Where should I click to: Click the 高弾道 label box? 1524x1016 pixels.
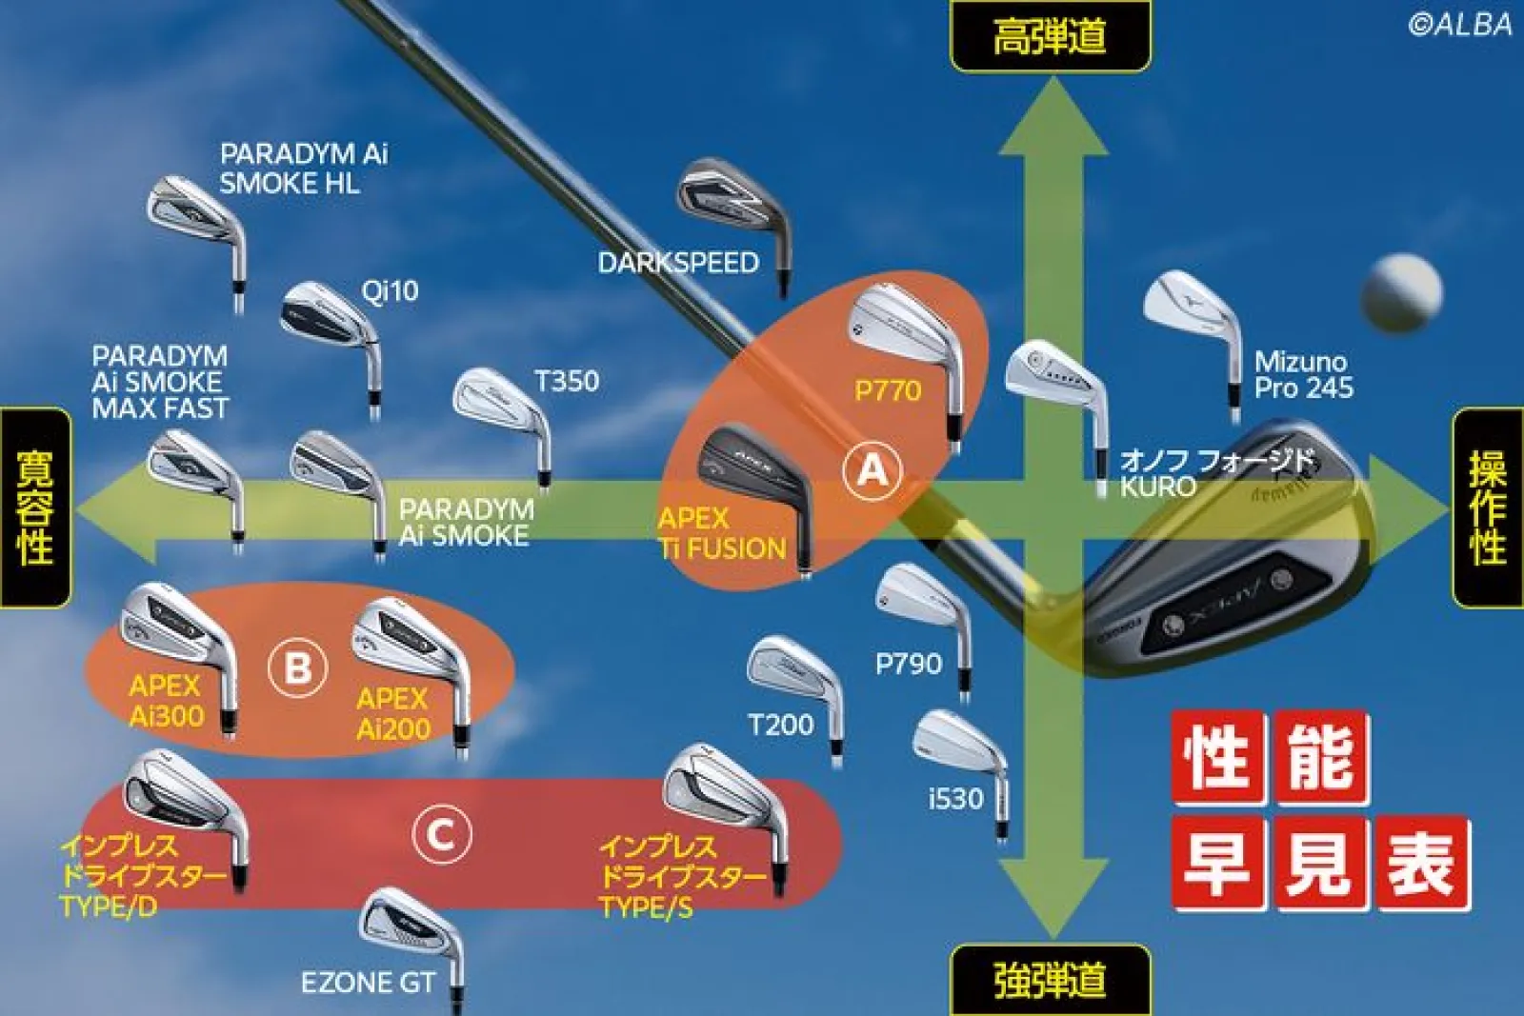click(1051, 35)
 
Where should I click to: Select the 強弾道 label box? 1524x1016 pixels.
click(1051, 980)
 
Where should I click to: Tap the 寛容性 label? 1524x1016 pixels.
click(35, 508)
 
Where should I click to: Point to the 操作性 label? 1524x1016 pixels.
click(1489, 508)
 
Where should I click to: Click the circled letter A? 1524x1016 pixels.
click(872, 470)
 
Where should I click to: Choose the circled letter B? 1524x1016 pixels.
click(297, 667)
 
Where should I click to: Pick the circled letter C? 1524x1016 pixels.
click(442, 834)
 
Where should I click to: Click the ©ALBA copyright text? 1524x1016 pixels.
click(1460, 25)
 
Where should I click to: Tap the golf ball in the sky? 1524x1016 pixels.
click(1401, 293)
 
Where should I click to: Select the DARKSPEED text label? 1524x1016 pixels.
click(678, 263)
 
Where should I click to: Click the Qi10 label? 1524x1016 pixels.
click(390, 291)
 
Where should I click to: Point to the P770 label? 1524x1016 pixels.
click(888, 390)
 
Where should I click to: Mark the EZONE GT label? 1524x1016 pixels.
click(368, 982)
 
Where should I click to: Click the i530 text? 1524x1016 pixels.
click(956, 799)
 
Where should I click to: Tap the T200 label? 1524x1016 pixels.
click(781, 725)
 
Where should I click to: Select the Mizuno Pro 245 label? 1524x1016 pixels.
click(1304, 374)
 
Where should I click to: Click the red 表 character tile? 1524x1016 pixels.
click(1423, 863)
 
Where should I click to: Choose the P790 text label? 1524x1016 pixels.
click(909, 664)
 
